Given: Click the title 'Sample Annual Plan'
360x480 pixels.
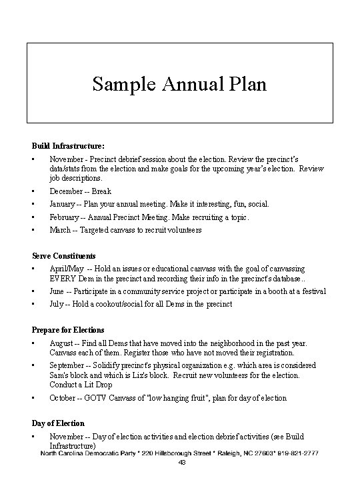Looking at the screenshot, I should [179, 85].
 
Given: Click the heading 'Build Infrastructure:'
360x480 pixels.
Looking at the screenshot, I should [68, 145].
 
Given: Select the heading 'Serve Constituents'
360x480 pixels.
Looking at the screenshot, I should [64, 255].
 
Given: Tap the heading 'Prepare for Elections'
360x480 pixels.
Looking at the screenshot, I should [68, 329].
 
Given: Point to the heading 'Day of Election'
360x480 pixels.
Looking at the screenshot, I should [59, 423].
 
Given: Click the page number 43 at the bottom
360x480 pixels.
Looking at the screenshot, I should [181, 463].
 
